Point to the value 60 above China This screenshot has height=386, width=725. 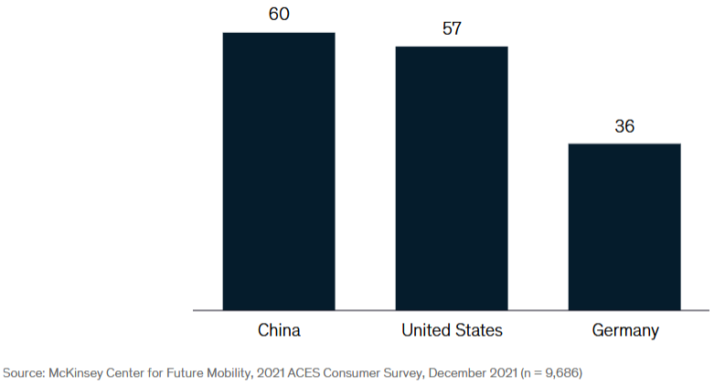279,16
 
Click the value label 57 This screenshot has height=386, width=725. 452,28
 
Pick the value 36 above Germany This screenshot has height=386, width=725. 624,126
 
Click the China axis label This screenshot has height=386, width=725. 279,330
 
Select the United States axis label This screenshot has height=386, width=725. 452,330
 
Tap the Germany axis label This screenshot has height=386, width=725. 624,330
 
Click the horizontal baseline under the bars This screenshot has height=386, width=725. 452,311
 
